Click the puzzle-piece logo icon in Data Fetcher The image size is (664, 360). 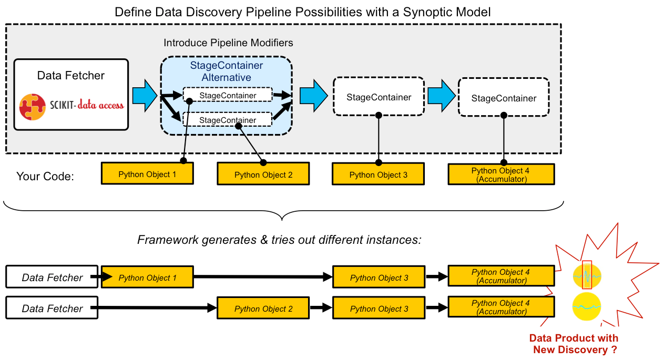33,106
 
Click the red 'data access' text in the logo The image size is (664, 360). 100,105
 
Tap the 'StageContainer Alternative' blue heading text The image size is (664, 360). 226,72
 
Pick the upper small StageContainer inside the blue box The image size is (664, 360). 228,95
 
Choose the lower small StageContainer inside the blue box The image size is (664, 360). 228,120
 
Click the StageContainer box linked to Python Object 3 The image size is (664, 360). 379,97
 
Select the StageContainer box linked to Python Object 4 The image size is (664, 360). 504,98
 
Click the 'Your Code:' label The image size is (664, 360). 45,176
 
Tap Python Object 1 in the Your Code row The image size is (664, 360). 147,174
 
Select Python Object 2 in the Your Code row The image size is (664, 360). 263,174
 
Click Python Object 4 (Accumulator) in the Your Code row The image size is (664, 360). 500,174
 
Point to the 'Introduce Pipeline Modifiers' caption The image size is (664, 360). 228,43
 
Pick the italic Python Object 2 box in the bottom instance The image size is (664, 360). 263,309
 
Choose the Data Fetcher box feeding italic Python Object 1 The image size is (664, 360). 52,277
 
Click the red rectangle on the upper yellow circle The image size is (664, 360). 587,275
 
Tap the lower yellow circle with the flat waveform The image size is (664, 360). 587,307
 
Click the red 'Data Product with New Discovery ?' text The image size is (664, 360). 574,344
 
